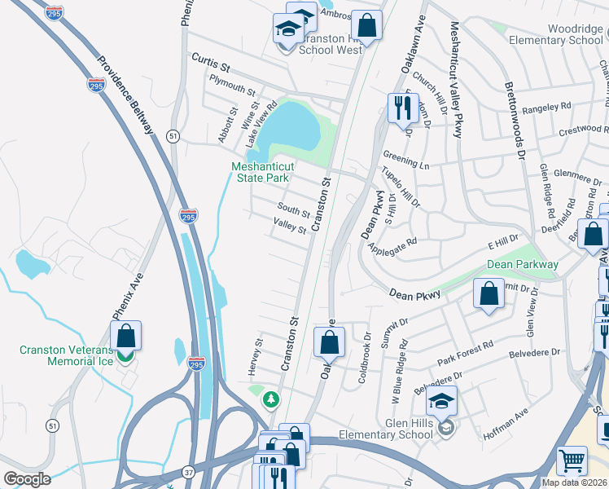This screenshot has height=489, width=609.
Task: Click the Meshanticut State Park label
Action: coord(262,171)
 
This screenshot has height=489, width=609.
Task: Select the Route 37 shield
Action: coord(188,472)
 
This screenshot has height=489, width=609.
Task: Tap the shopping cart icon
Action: coord(572,460)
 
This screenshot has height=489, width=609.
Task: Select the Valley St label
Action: coord(289,226)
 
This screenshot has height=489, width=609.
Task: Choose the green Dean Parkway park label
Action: coord(523,264)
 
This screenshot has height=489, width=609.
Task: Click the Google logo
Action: coord(27,478)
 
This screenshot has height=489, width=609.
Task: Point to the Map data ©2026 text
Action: coord(572,482)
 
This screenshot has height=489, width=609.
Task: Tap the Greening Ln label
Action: coord(406,162)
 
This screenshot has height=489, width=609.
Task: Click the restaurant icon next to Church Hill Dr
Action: coord(402,107)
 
